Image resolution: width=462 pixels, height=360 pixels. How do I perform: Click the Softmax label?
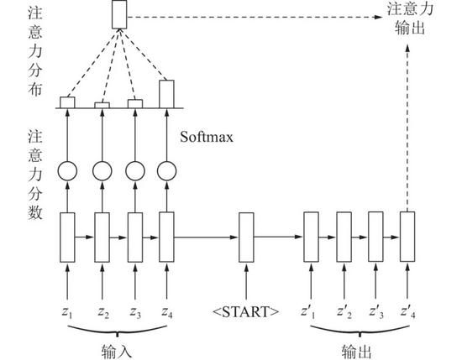pos(207,137)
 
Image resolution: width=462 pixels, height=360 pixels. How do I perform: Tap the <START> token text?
pos(246,311)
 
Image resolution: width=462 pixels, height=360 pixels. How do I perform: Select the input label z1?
pos(67,312)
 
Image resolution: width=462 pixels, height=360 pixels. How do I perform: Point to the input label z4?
pos(167,312)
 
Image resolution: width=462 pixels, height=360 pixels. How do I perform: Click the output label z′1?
pos(308,311)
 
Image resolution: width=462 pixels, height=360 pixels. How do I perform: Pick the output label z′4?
pos(408,311)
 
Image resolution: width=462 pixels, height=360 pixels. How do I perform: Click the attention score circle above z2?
pos(102,171)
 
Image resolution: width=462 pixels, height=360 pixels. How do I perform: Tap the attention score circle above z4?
pos(167,171)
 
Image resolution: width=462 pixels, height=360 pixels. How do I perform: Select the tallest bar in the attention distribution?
pos(167,94)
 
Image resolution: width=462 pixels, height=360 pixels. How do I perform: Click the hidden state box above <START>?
pos(246,237)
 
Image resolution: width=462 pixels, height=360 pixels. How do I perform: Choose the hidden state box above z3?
pos(135,237)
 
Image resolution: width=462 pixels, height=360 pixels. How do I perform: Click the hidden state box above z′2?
pos(344,237)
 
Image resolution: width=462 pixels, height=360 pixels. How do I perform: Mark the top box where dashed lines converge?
pos(119,14)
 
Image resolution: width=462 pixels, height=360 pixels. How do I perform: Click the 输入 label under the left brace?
pos(117,351)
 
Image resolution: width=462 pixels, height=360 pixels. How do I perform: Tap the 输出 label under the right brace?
pos(357,351)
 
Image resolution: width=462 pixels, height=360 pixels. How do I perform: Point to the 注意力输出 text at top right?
pos(410,18)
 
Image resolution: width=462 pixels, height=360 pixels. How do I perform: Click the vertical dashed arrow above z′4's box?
pos(407,128)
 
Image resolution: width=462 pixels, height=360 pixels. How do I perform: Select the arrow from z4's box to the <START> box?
pos(206,237)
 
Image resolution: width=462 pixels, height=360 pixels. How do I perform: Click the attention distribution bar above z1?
pos(67,102)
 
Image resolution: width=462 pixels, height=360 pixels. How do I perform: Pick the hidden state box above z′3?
pos(376,237)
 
